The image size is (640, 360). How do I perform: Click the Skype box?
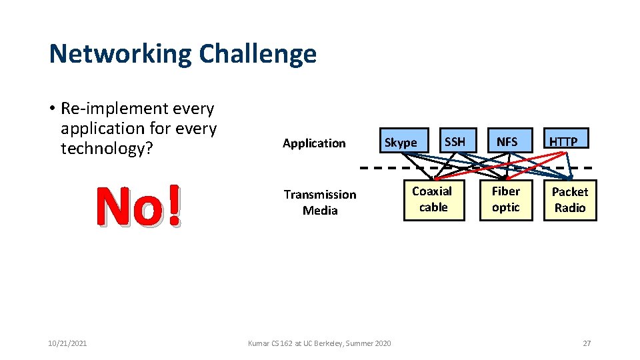[401, 142]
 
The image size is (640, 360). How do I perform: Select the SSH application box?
[455, 141]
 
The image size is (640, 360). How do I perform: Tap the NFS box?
[507, 141]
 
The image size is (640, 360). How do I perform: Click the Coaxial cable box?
[433, 199]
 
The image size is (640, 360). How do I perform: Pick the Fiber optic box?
[506, 199]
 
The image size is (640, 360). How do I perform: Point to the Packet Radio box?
[570, 199]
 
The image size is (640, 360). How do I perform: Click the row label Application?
[314, 143]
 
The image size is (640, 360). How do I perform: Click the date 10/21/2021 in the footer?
[67, 343]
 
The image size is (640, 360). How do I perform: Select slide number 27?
[587, 343]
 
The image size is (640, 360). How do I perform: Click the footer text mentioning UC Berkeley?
[319, 343]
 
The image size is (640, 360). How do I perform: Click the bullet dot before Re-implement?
[51, 109]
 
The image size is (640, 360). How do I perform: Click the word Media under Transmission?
[320, 211]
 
